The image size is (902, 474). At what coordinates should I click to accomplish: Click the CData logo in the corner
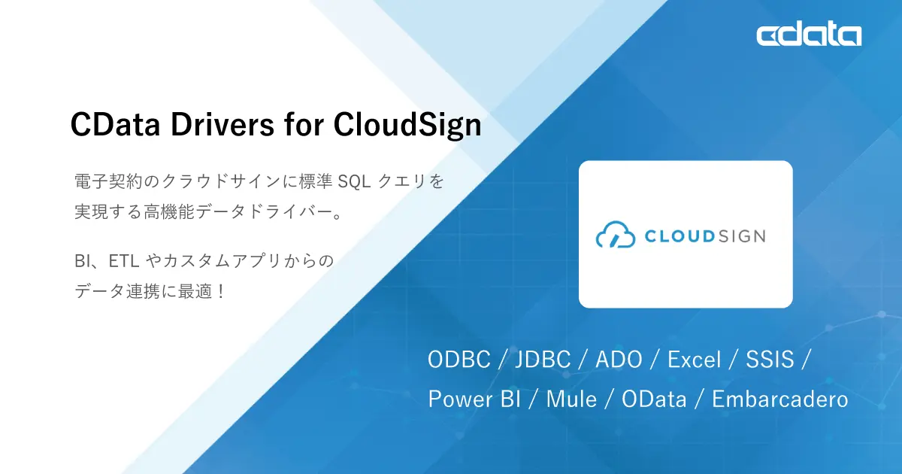point(809,35)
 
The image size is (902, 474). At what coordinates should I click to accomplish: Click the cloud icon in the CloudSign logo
point(616,235)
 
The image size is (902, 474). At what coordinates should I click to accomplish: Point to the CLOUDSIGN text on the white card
point(705,235)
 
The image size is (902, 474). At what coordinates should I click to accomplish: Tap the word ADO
point(619,360)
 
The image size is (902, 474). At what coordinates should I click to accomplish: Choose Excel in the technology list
point(695,360)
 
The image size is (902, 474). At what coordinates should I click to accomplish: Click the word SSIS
point(770,360)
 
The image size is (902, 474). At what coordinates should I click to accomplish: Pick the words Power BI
point(474,399)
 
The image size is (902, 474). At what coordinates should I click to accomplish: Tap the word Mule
point(571,399)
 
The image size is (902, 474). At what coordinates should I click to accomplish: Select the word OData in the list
point(655,399)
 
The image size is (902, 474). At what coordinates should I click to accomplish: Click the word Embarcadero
point(779,399)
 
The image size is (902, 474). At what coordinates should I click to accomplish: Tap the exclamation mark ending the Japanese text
point(221,291)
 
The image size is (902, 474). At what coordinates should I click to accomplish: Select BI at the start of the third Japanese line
point(83,262)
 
